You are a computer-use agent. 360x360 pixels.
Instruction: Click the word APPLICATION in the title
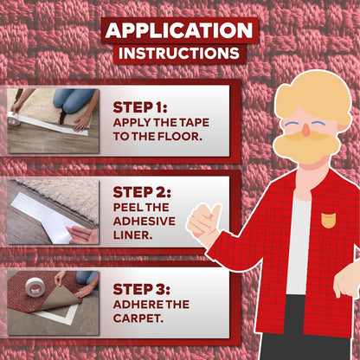point(179,30)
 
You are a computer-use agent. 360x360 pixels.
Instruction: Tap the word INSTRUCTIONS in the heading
point(179,54)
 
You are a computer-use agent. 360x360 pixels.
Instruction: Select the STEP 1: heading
point(141,107)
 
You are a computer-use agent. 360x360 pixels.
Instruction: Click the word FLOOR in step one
point(178,138)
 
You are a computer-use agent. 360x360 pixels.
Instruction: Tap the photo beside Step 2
point(53,211)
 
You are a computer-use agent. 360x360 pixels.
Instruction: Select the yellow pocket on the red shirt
point(328,219)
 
